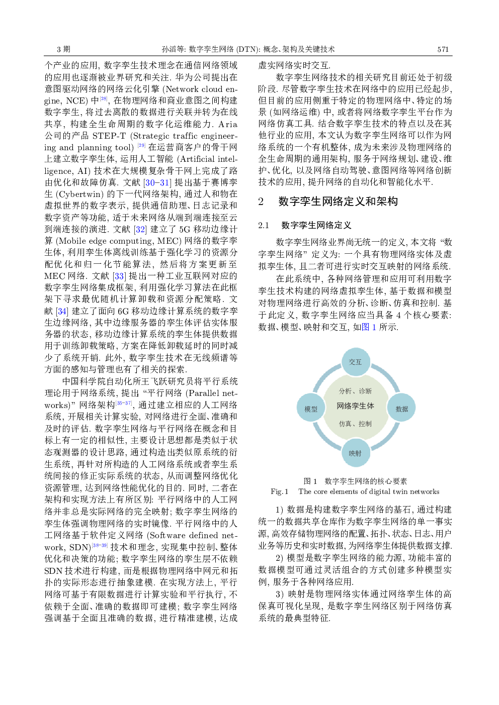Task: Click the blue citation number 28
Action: coord(104,98)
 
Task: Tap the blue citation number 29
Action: coord(141,145)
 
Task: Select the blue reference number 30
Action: coord(150,183)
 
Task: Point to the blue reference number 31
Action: coord(164,183)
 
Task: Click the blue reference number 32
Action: coord(140,230)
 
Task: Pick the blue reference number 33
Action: coord(119,276)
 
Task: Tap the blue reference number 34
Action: coord(62,312)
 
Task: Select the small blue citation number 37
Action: coord(128,403)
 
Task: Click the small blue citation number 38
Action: coord(96,545)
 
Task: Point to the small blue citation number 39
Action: coord(104,545)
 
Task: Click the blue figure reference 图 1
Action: coord(369,328)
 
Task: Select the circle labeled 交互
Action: coord(356,362)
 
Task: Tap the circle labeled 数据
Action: coord(401,409)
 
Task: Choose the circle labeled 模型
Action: coord(311,409)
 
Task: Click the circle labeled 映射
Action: coord(356,453)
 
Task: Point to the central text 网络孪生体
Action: coord(356,406)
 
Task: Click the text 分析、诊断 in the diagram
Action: coord(356,391)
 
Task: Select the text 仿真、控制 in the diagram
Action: coord(356,424)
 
